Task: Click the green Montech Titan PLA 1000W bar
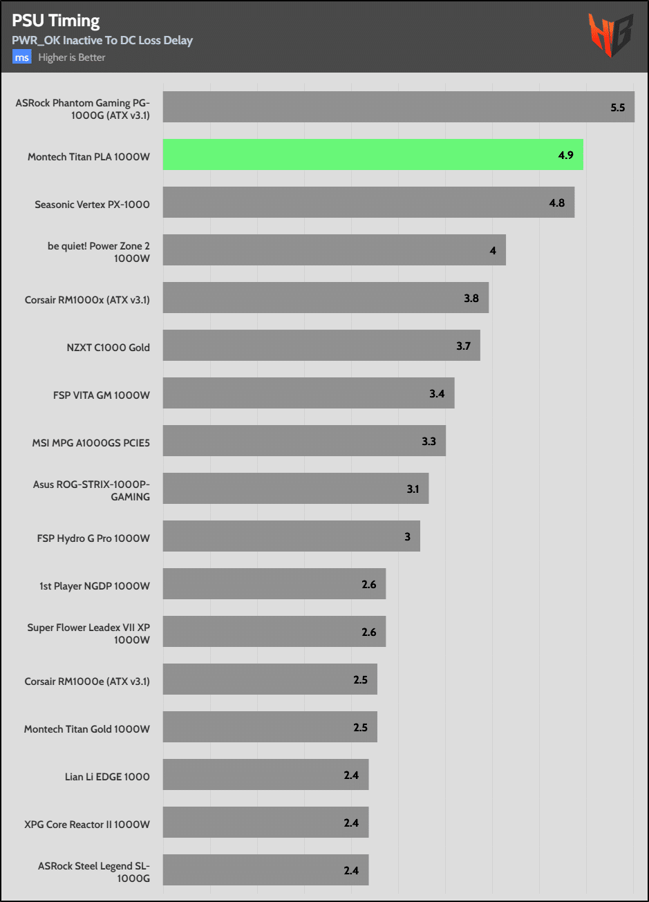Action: click(373, 155)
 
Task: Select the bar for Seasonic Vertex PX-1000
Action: click(368, 203)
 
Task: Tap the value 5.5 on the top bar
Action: click(617, 108)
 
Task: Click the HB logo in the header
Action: click(610, 35)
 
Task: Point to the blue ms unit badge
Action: click(21, 57)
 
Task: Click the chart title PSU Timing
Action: click(55, 21)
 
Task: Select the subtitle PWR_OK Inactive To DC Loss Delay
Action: click(102, 40)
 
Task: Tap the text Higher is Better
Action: click(72, 57)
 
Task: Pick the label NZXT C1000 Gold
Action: click(109, 347)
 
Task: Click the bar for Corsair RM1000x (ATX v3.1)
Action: click(326, 298)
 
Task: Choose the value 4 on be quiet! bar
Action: click(493, 250)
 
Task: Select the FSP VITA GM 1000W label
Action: click(102, 395)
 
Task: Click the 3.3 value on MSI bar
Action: click(429, 441)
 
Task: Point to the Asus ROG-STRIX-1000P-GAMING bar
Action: click(296, 489)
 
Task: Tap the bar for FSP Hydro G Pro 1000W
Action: click(291, 536)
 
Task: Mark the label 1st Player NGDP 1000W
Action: click(95, 585)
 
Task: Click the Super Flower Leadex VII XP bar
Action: click(274, 632)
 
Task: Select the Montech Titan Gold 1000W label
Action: click(87, 729)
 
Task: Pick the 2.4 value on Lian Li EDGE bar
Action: click(351, 776)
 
